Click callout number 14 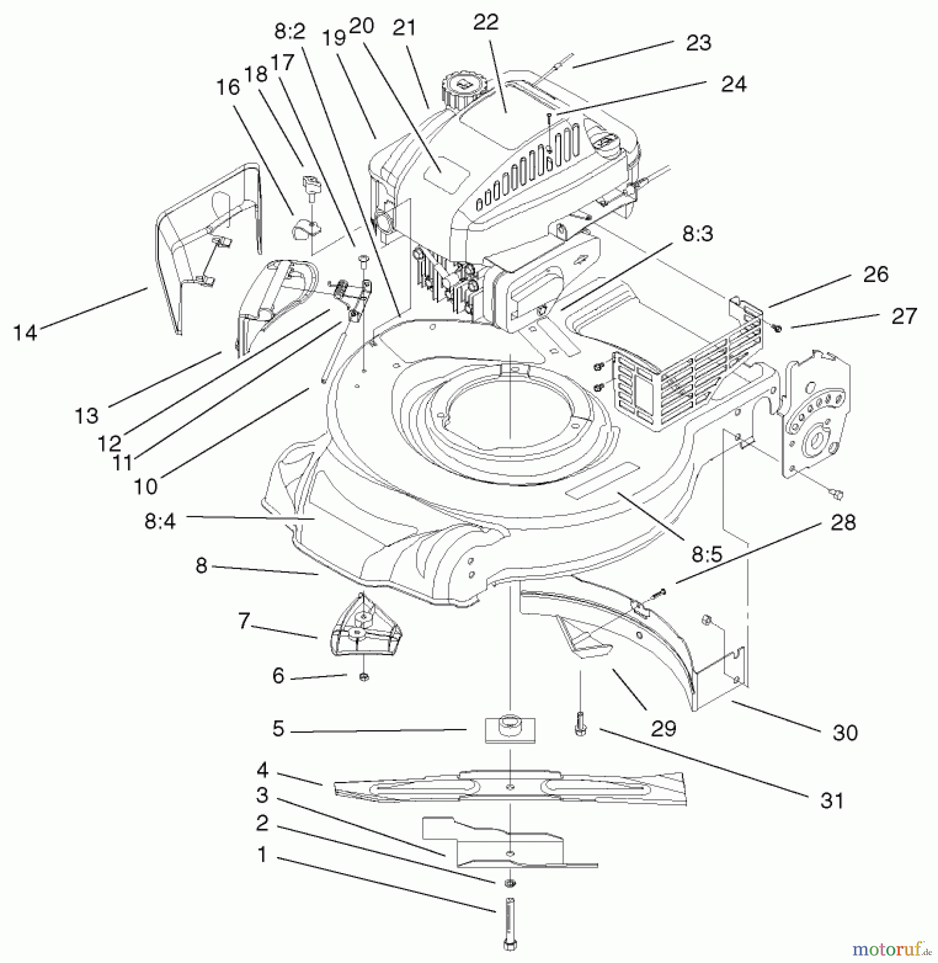pyautogui.click(x=25, y=333)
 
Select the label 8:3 pyautogui.click(x=697, y=234)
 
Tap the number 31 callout pyautogui.click(x=832, y=801)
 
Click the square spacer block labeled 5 pyautogui.click(x=510, y=729)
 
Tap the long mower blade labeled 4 pyautogui.click(x=508, y=787)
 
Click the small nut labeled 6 pyautogui.click(x=364, y=677)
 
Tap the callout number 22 pyautogui.click(x=486, y=22)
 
